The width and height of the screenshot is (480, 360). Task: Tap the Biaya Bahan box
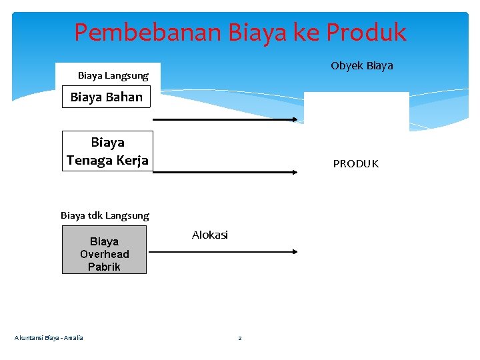pos(107,97)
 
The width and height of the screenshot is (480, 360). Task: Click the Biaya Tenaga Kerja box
pos(107,151)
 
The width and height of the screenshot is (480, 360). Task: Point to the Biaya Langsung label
pos(113,76)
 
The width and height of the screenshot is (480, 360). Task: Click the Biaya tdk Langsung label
pos(105,215)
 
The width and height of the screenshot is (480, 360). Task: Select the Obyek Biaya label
pos(362,65)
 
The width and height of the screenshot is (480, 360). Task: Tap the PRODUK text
pos(355,164)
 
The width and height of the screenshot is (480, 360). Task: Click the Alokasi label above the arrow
pos(210,235)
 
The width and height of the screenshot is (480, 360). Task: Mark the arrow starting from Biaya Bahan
pos(225,120)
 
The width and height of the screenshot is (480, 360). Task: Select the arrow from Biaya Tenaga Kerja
pos(225,172)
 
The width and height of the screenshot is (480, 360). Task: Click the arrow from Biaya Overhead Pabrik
pos(223,252)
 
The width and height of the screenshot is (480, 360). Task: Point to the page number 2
pos(240,339)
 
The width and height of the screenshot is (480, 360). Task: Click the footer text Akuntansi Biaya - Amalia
pos(49,338)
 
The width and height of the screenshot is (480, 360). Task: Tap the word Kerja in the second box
pos(132,160)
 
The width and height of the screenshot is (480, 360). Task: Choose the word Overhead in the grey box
pos(105,254)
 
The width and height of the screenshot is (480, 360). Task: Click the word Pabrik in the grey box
pos(104,267)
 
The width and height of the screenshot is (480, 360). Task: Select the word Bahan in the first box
pos(124,97)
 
